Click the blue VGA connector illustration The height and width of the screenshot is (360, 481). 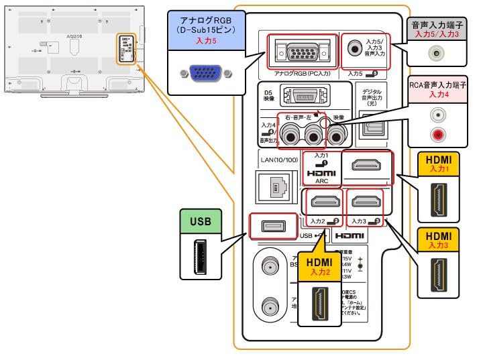201,73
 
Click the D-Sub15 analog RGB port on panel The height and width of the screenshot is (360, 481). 300,50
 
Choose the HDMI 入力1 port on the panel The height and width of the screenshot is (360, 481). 366,166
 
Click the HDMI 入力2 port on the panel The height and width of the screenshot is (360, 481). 324,202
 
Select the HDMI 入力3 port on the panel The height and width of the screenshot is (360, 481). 366,202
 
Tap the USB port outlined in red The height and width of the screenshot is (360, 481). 272,225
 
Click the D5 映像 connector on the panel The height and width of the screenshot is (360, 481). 302,99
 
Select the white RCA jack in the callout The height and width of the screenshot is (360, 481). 439,115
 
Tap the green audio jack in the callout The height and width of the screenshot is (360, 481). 439,52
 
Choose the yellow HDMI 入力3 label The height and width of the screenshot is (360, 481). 438,239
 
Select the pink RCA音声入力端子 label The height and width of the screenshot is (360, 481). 438,90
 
